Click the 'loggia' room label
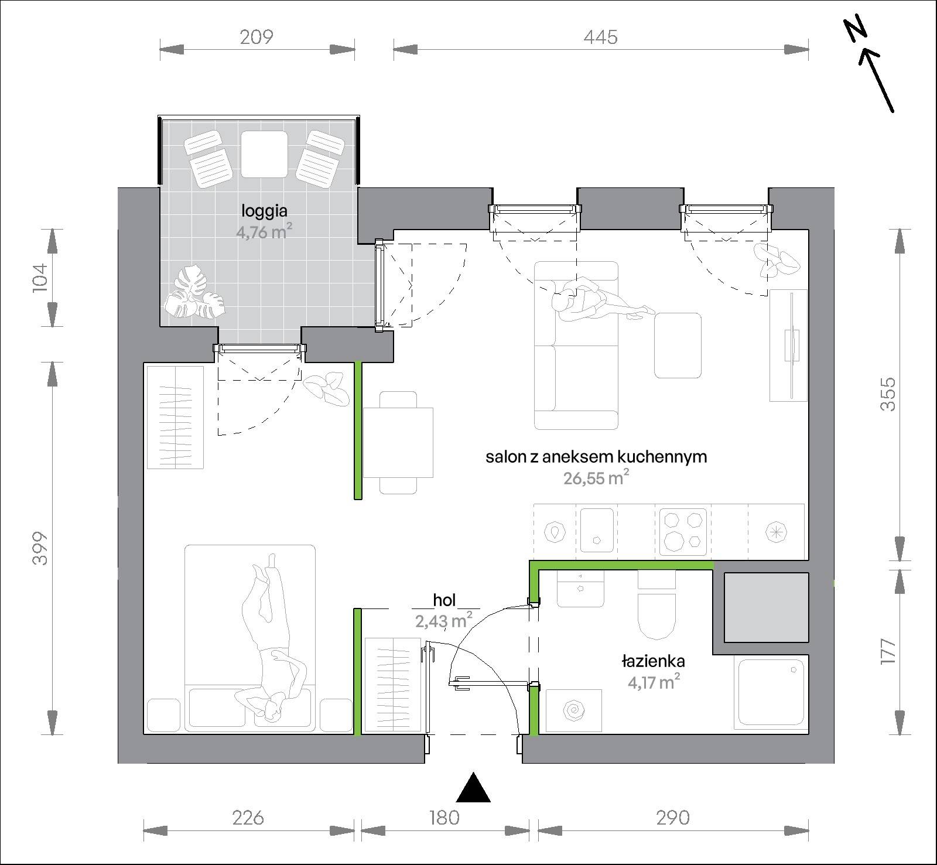point(265,210)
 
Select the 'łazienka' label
point(653,662)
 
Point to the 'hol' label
point(444,600)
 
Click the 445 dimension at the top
point(600,37)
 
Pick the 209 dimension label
point(257,37)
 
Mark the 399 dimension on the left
point(39,548)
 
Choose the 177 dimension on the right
point(888,650)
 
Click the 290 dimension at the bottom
point(673,817)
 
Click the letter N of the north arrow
point(856,31)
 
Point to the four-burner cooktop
point(683,531)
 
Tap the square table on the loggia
point(264,154)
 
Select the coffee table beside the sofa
point(678,346)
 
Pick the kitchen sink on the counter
point(597,529)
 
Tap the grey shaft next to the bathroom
point(767,607)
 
